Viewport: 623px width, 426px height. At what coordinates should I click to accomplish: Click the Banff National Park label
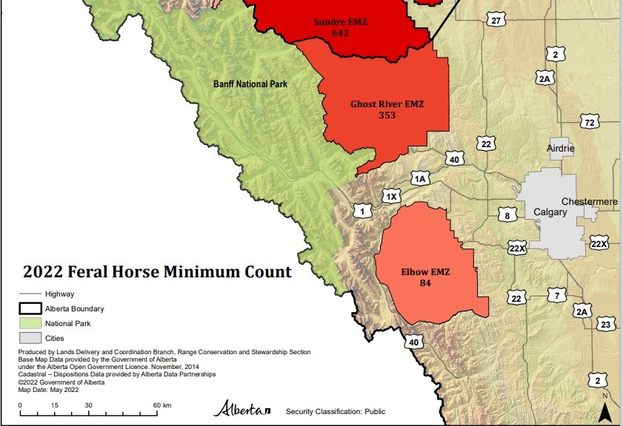pyautogui.click(x=250, y=84)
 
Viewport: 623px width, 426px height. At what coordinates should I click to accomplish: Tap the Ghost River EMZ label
pyautogui.click(x=387, y=104)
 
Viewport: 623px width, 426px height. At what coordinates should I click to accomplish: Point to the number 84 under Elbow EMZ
pyautogui.click(x=424, y=283)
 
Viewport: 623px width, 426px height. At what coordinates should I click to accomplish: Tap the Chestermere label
pyautogui.click(x=590, y=201)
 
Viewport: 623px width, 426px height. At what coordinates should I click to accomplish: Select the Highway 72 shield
pyautogui.click(x=590, y=121)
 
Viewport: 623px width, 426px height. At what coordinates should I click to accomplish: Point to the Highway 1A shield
pyautogui.click(x=421, y=178)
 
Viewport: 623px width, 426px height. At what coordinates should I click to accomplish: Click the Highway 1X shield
pyautogui.click(x=391, y=196)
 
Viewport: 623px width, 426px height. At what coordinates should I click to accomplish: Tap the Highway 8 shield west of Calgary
pyautogui.click(x=507, y=215)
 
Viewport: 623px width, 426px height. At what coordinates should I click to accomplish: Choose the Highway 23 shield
pyautogui.click(x=606, y=324)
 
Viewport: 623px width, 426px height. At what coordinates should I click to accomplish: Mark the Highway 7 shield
pyautogui.click(x=556, y=296)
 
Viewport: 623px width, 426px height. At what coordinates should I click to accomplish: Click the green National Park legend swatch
pyautogui.click(x=29, y=323)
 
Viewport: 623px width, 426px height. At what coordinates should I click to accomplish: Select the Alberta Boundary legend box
pyautogui.click(x=29, y=308)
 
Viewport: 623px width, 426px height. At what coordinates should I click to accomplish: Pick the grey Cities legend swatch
pyautogui.click(x=29, y=338)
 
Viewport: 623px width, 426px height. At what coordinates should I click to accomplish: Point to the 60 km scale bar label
pyautogui.click(x=162, y=405)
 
